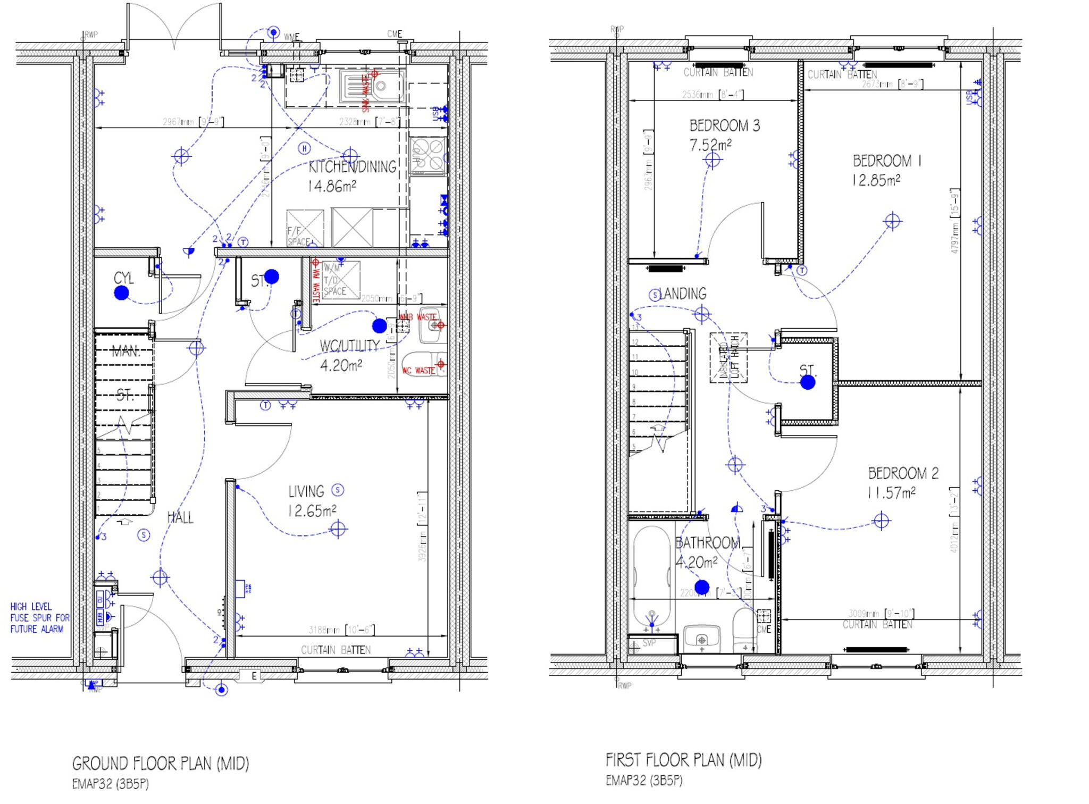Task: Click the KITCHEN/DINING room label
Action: tap(352, 167)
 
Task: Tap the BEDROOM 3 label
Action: tap(724, 126)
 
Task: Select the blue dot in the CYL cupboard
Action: tap(122, 292)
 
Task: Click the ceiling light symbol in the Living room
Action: tap(338, 529)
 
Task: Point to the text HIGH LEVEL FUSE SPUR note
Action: tap(40, 618)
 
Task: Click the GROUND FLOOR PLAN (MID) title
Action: tap(160, 764)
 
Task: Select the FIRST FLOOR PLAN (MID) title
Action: tap(683, 760)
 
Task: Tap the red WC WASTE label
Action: tap(418, 371)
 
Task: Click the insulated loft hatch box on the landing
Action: tap(728, 357)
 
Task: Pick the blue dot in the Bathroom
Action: tap(702, 587)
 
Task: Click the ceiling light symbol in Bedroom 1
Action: tap(892, 221)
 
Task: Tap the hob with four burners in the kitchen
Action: tap(428, 156)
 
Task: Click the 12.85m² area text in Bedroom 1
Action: tap(876, 180)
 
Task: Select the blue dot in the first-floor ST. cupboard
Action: tap(808, 382)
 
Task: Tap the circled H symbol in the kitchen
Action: tap(304, 148)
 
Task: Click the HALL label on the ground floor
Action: tap(180, 517)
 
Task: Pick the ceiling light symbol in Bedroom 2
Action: tap(882, 521)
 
